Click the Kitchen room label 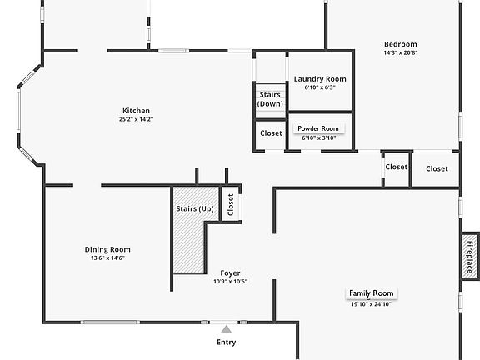[136, 111]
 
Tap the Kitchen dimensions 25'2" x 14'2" [136, 119]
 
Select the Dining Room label [107, 249]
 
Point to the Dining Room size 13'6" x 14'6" [107, 258]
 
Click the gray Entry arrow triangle [226, 329]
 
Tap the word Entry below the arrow [226, 342]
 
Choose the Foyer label [230, 273]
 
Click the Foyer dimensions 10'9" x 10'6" [230, 282]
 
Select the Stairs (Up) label [195, 209]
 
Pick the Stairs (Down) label [270, 99]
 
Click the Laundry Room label [320, 79]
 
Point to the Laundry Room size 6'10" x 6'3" [320, 87]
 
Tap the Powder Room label [318, 128]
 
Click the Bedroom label [400, 44]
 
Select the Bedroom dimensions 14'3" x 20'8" [401, 52]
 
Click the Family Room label [372, 293]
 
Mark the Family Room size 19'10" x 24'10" [372, 304]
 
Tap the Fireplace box [470, 257]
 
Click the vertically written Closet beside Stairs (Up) [231, 204]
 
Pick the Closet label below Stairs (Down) [271, 133]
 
